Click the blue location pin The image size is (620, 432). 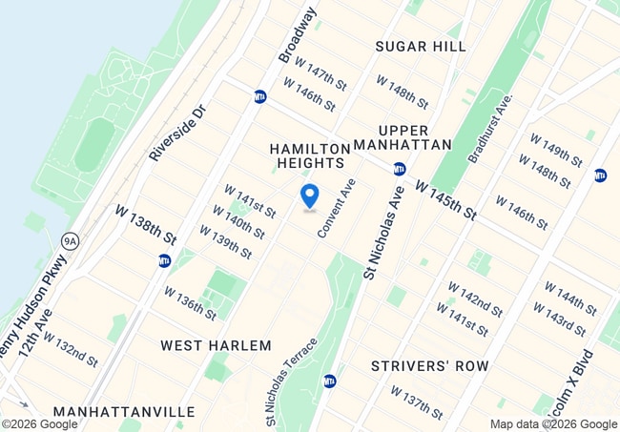[310, 195]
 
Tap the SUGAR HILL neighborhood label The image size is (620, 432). [420, 46]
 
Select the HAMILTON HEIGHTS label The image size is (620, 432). [310, 155]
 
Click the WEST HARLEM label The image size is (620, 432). [216, 345]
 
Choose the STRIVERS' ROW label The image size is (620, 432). [429, 365]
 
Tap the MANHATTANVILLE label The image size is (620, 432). [124, 412]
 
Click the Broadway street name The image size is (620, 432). [296, 36]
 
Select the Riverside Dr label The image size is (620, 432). [177, 133]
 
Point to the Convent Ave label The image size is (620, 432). [339, 209]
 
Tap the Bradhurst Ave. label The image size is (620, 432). [490, 127]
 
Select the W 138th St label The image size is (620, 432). [147, 223]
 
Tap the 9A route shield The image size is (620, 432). [69, 241]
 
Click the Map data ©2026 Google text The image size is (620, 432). [553, 424]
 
